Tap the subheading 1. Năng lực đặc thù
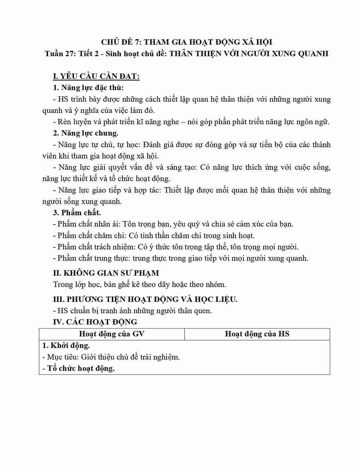(x=88, y=88)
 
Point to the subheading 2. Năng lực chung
(x=85, y=133)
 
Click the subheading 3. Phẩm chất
(x=77, y=213)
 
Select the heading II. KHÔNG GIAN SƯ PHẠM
(x=106, y=273)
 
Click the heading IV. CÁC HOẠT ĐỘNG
(x=95, y=322)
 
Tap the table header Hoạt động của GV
(x=112, y=334)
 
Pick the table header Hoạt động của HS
(x=257, y=334)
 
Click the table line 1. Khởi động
(x=66, y=346)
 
